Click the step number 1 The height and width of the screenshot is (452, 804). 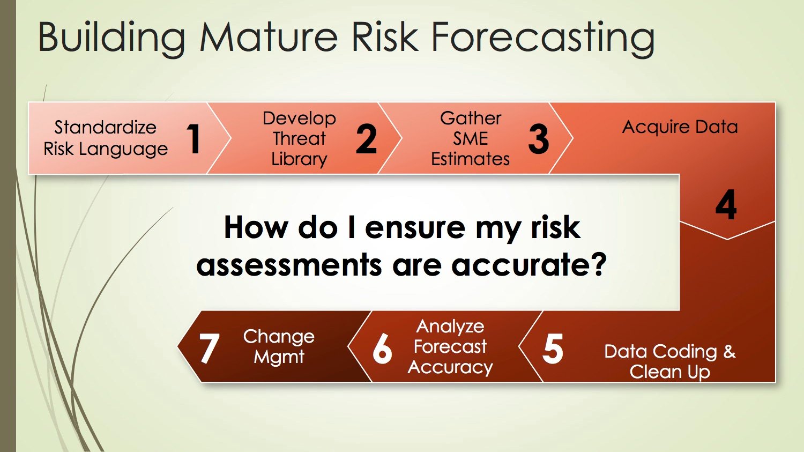[193, 139]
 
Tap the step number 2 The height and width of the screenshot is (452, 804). [366, 139]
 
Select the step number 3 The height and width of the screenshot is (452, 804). [538, 139]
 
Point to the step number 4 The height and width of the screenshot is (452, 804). [726, 205]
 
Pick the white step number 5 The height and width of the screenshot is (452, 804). [553, 349]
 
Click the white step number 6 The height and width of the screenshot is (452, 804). [382, 349]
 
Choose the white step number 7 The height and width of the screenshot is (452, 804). [209, 349]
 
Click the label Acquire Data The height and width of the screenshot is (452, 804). [680, 127]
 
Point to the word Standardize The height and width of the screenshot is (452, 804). [105, 127]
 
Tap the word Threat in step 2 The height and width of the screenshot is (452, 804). [299, 138]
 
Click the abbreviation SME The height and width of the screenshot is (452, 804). [471, 138]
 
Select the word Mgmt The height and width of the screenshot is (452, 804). [279, 357]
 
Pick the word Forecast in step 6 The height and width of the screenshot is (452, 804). [450, 347]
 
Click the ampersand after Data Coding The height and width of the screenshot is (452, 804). [729, 352]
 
